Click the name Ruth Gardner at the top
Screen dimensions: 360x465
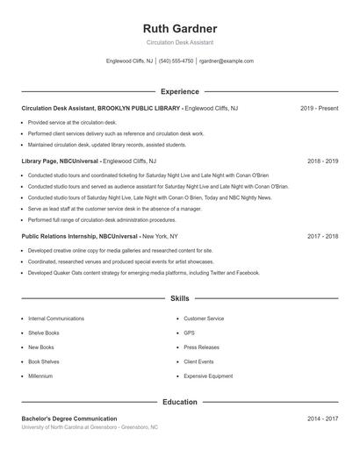[179, 28]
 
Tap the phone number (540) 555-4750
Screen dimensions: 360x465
[176, 61]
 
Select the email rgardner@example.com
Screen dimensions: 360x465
[226, 61]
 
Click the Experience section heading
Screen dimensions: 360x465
[179, 91]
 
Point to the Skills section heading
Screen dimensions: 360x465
[179, 299]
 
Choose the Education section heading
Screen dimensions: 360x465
[179, 402]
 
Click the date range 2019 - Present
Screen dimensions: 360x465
[319, 108]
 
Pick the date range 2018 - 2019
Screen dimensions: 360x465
[322, 161]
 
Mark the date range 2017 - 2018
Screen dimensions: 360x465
[322, 236]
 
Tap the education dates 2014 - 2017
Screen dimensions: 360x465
[322, 419]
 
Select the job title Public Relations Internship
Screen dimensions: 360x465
[59, 236]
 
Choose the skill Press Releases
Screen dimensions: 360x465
[201, 347]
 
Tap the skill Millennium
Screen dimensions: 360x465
[40, 376]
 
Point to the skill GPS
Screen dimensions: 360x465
[189, 333]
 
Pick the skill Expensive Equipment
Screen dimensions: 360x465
[208, 376]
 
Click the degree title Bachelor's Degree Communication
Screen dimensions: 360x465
[69, 419]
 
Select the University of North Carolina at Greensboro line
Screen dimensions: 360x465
[90, 427]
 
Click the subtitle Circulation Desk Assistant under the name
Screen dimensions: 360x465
[179, 42]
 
